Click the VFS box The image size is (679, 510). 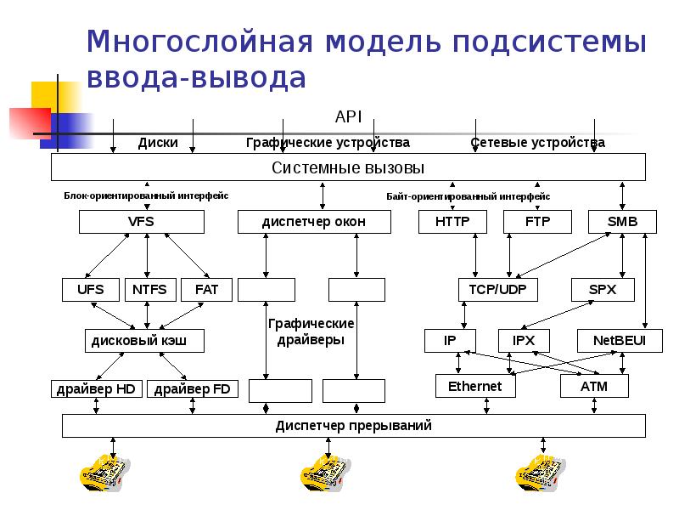tap(141, 222)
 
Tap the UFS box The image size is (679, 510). tap(90, 290)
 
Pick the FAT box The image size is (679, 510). tap(206, 290)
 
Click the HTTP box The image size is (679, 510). tap(452, 222)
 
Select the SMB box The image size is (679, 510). tap(622, 222)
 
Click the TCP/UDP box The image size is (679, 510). tap(497, 290)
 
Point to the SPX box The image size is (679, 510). tap(603, 290)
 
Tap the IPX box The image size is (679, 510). tap(523, 341)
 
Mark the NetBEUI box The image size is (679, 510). tap(614, 341)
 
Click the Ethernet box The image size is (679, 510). tap(474, 387)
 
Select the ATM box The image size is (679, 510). tap(594, 387)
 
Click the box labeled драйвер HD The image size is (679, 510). tap(96, 389)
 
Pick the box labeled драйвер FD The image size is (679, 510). tap(193, 389)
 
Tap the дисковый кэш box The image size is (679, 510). tap(145, 341)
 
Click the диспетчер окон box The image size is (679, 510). tap(314, 222)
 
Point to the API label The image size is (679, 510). tap(349, 116)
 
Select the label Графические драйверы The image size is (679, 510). tap(311, 332)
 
